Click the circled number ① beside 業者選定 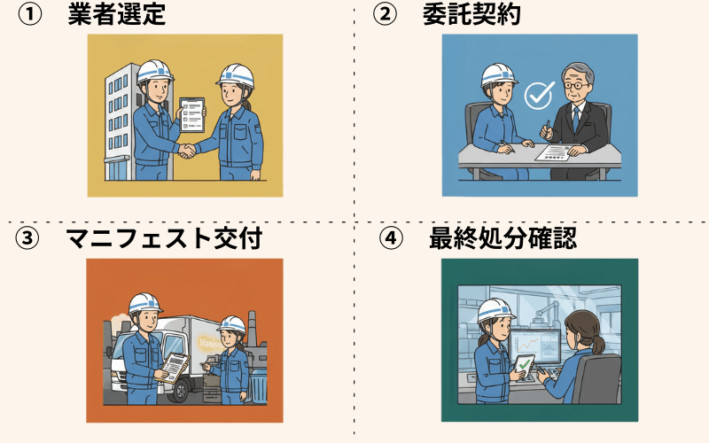tap(30, 14)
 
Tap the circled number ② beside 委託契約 tap(385, 14)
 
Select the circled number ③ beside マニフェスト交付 tap(27, 238)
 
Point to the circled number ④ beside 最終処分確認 tap(391, 238)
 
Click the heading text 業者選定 tap(117, 14)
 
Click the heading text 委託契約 tap(471, 14)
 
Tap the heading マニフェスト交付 tap(164, 238)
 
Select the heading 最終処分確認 tap(503, 238)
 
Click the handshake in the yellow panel tap(187, 150)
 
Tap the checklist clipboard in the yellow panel tap(192, 115)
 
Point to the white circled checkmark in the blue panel tap(540, 95)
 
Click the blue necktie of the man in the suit tap(575, 119)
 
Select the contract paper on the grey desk tap(557, 152)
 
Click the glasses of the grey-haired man tap(574, 85)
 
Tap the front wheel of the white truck tap(180, 392)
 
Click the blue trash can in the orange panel tap(259, 386)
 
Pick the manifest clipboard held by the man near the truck tap(174, 368)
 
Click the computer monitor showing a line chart tap(536, 346)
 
